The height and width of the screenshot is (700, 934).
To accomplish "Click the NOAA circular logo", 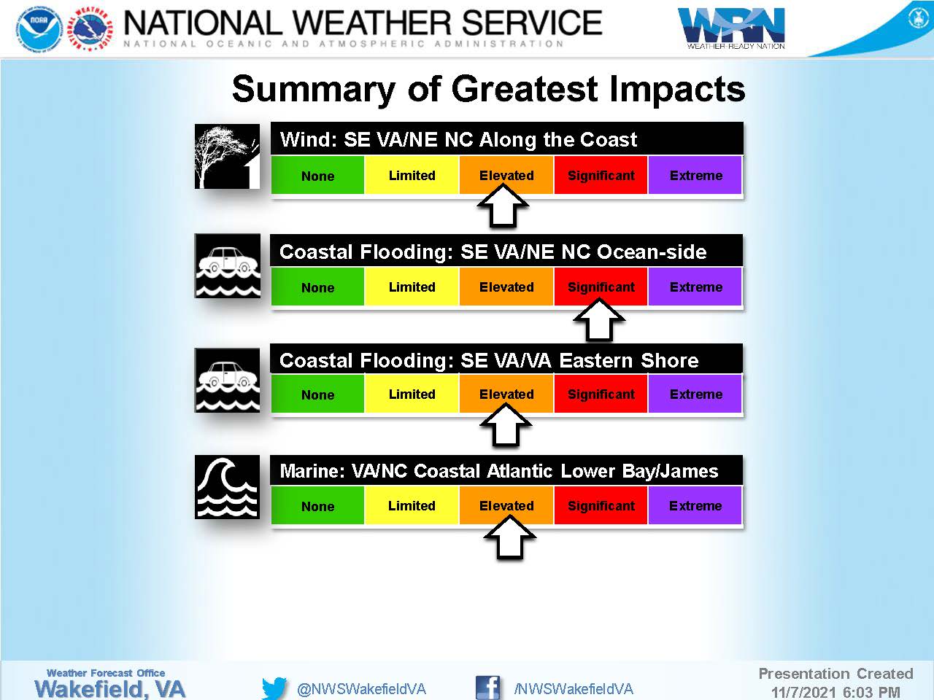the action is click(39, 29).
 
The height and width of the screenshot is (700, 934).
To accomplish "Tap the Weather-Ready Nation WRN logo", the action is click(731, 28).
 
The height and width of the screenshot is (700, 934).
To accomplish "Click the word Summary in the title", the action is click(313, 90).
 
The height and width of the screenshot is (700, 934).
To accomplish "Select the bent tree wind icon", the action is click(227, 156).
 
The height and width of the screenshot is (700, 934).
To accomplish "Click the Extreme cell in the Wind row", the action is click(695, 175).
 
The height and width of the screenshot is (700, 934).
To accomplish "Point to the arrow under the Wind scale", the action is click(503, 206).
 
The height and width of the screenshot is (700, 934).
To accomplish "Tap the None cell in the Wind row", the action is click(318, 175).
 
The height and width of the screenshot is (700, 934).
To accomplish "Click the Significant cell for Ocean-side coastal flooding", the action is click(601, 287).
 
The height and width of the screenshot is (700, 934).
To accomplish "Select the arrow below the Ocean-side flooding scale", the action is click(599, 319).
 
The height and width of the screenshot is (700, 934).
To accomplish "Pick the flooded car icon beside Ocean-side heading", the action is click(228, 265).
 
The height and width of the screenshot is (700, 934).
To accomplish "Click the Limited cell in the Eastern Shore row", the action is click(412, 394).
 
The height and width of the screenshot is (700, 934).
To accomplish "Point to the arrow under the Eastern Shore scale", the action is click(506, 425).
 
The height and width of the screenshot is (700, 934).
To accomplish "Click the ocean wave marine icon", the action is click(227, 487).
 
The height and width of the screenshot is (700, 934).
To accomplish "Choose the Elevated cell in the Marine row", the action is click(506, 506).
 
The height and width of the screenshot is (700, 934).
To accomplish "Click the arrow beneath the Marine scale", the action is click(509, 537).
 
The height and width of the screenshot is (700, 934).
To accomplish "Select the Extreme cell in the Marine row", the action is click(695, 506).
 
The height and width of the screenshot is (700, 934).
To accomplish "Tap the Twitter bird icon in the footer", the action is click(274, 688).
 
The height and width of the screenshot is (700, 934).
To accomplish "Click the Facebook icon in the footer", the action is click(488, 688).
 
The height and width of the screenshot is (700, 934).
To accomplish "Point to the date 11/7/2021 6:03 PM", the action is click(835, 692).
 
